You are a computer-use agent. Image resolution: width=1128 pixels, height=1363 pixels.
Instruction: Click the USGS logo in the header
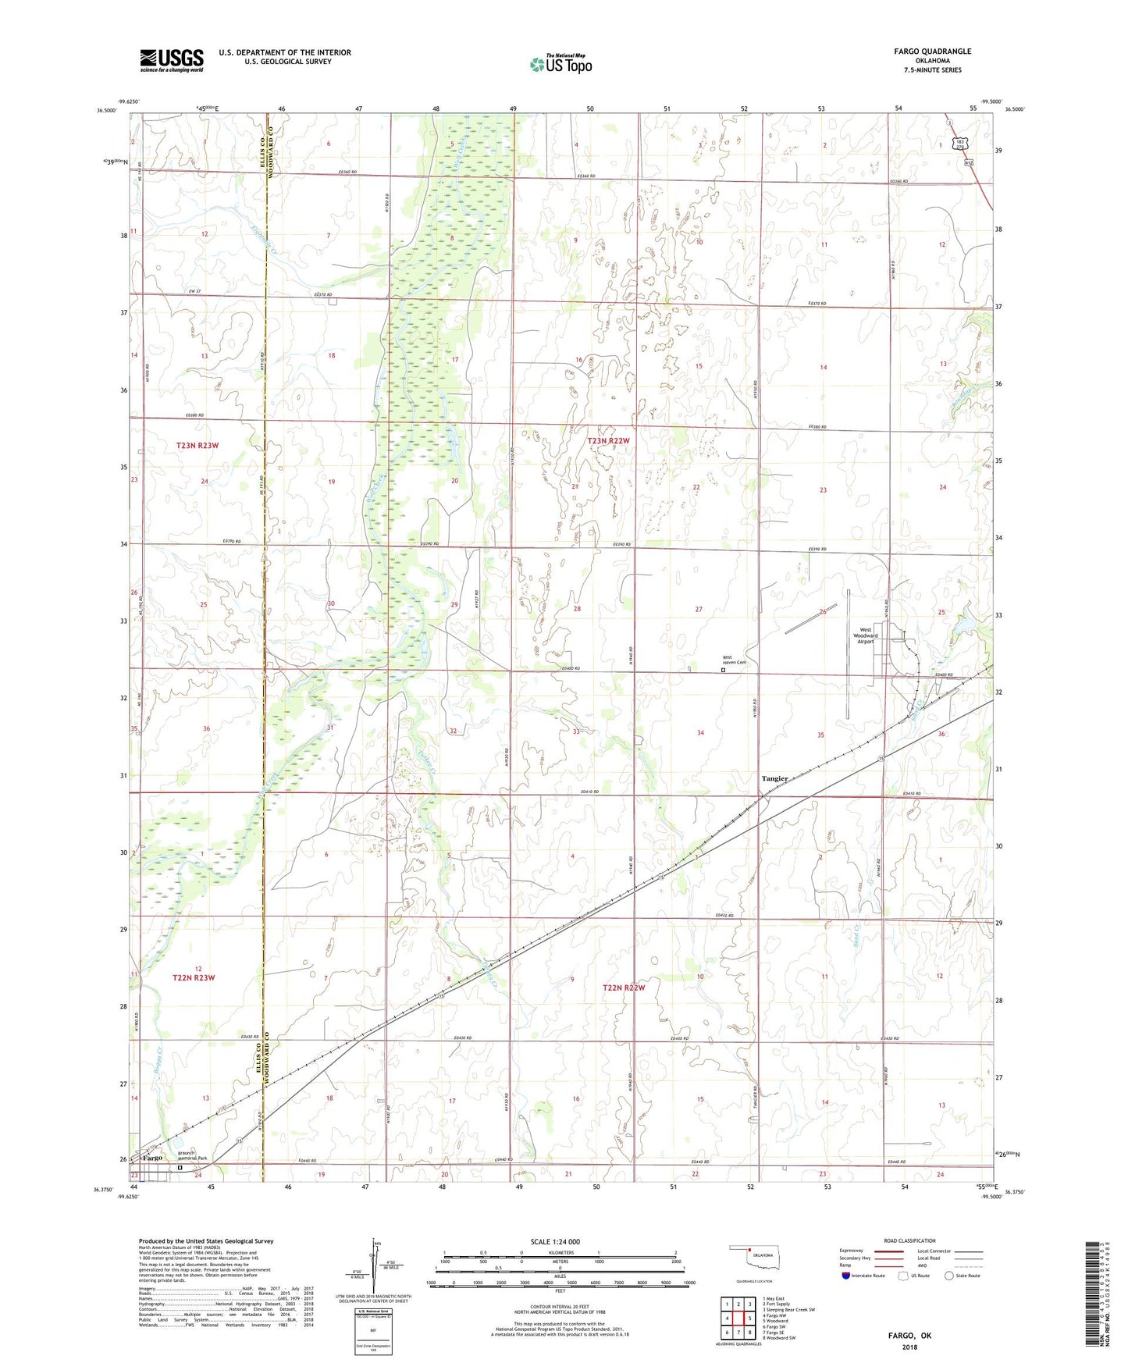(171, 59)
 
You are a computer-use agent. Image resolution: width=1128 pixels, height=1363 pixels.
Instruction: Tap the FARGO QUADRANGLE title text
(932, 52)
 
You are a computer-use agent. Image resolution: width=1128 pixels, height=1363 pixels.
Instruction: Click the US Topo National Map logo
(560, 64)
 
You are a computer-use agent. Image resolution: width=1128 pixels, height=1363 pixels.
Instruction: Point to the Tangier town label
(774, 778)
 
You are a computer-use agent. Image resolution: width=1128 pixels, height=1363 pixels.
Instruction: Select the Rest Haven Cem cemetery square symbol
(723, 670)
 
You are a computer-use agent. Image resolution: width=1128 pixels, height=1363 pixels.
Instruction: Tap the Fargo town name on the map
(152, 1158)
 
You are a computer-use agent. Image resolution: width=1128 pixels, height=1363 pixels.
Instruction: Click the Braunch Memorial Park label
(192, 1158)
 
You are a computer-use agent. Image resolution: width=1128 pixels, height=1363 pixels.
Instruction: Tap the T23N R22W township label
(607, 441)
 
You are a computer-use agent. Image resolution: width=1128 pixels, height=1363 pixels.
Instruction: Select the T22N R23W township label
(193, 977)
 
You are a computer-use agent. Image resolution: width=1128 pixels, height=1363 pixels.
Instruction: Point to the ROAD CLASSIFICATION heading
(909, 1240)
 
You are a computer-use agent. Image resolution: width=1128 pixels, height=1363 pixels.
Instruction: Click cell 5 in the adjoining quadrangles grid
(738, 1319)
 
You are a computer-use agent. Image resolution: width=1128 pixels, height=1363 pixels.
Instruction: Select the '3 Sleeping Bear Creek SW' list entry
(788, 1310)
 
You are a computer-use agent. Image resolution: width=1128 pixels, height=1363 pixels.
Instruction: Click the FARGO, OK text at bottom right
(909, 1336)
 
